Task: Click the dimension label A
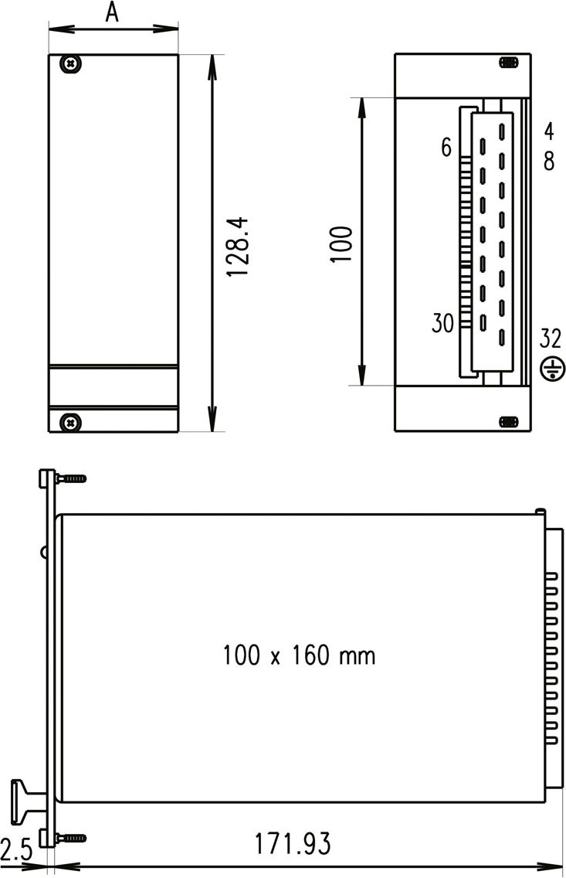click(113, 12)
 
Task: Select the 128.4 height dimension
click(238, 247)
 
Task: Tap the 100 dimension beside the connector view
click(341, 244)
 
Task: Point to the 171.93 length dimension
click(293, 844)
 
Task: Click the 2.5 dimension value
click(17, 850)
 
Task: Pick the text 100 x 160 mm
click(300, 655)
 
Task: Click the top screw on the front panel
click(71, 64)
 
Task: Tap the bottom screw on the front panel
click(71, 422)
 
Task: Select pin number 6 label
click(446, 148)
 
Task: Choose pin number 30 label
click(442, 323)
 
